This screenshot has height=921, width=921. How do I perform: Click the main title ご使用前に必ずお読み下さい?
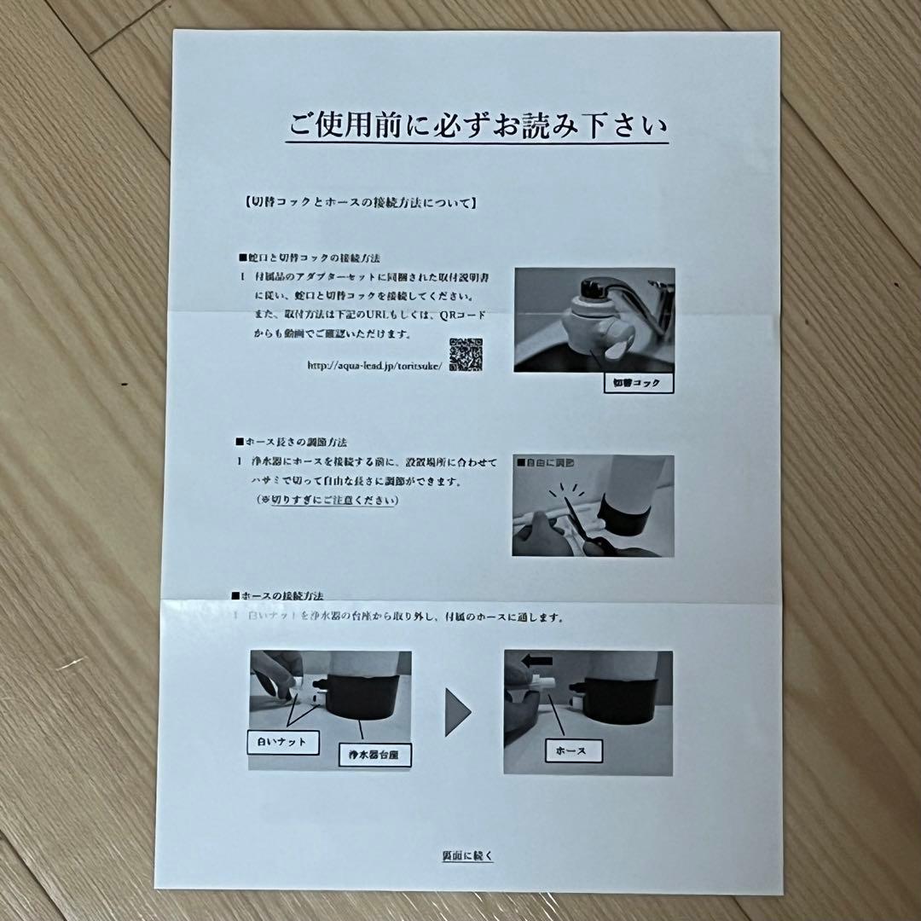[x=477, y=128]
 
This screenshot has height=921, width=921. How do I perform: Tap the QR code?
[x=466, y=355]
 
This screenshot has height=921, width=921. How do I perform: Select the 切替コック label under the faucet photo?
[x=638, y=383]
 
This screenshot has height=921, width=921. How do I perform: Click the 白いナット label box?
[x=282, y=742]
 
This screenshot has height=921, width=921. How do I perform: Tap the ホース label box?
[x=574, y=750]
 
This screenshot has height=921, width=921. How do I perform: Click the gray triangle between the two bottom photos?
[x=457, y=712]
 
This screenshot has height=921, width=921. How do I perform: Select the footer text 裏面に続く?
[x=467, y=856]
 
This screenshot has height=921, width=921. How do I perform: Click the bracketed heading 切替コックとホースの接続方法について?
[x=359, y=204]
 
